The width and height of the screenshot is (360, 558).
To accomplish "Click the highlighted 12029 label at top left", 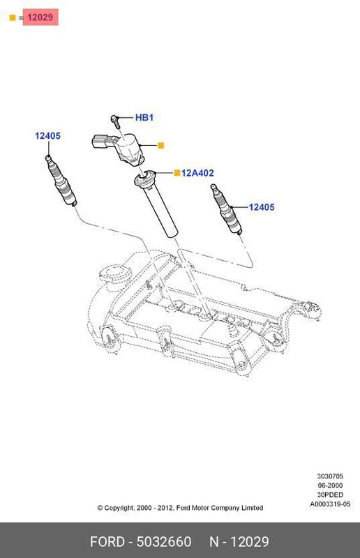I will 40,17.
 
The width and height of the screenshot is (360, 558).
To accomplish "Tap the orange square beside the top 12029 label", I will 12,17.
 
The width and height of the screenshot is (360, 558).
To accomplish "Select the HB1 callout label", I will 144,118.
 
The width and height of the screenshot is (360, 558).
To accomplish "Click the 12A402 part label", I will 197,172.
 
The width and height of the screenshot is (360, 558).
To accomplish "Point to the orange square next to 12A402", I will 177,172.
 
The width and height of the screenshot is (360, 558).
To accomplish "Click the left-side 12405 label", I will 48,135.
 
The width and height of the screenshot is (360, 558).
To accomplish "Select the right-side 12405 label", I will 262,206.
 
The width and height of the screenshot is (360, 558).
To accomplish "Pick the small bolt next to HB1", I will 116,122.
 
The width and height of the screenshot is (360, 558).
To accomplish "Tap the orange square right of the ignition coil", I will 160,145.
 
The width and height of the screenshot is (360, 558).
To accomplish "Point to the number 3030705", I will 330,476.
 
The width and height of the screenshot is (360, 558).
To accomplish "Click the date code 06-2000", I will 331,485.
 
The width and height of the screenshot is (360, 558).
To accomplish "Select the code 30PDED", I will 331,495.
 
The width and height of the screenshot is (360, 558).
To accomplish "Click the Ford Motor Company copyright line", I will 180,508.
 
